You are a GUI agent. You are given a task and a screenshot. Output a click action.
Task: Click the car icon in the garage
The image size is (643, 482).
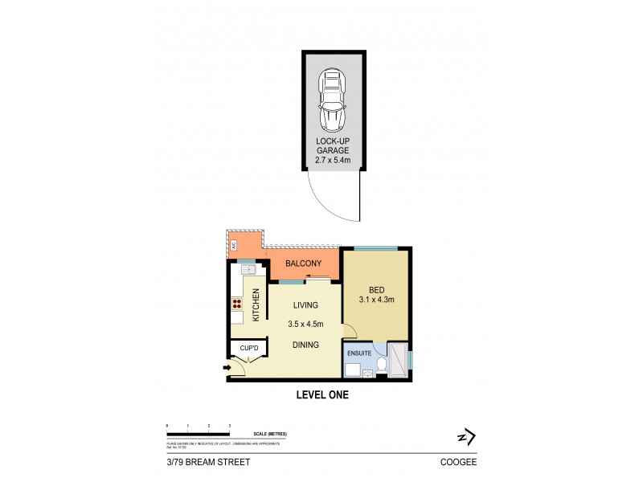point(332,100)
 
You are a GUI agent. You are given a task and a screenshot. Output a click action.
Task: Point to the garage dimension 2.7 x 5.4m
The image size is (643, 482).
point(332,160)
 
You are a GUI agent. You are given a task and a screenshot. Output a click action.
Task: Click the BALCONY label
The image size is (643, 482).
point(302,263)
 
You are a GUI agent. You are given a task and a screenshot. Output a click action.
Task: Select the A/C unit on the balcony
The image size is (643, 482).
point(234,245)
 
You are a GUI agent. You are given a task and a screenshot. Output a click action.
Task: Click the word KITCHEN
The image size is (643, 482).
point(256,304)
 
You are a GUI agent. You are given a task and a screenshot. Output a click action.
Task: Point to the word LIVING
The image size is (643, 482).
point(305,305)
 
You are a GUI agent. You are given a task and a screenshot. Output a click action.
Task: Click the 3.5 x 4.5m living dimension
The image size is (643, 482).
point(305,325)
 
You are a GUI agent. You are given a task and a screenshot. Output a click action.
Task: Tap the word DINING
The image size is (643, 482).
point(305,345)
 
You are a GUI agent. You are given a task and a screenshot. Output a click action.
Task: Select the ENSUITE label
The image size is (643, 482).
point(359,351)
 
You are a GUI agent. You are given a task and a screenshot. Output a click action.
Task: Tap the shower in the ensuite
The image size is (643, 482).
point(398,359)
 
